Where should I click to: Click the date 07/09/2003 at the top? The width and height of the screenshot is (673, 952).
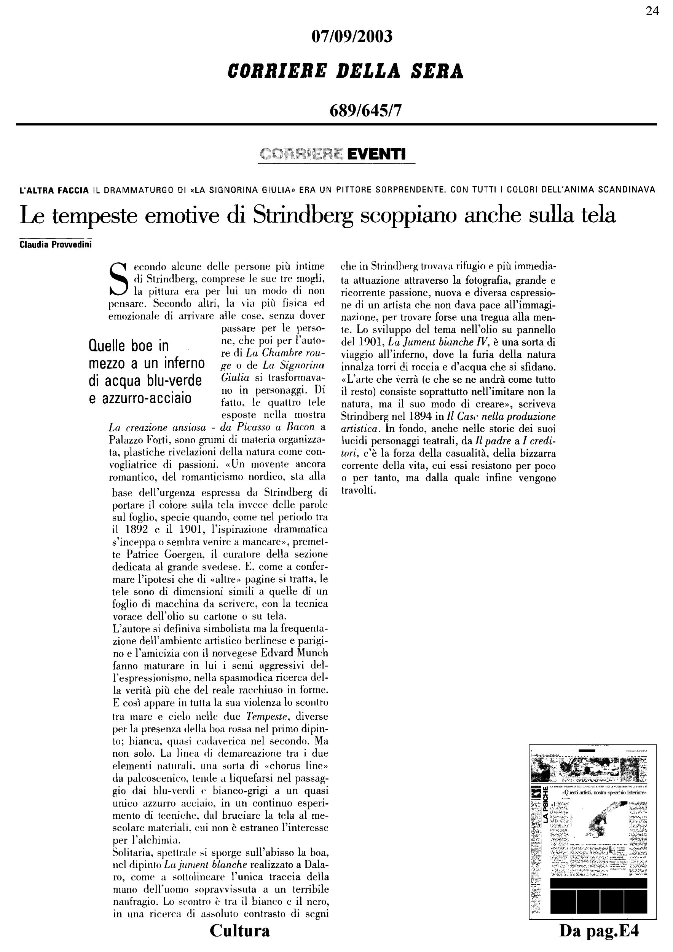(x=351, y=37)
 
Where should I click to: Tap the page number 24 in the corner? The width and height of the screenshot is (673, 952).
(x=652, y=11)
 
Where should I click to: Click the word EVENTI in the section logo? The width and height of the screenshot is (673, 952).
(x=376, y=154)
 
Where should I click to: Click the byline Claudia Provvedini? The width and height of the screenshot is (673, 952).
(x=56, y=244)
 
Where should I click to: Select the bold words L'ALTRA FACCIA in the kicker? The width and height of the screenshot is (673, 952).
(x=54, y=191)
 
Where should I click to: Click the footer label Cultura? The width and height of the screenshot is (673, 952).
(x=239, y=930)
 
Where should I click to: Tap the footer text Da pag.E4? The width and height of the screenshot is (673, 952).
(x=599, y=931)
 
